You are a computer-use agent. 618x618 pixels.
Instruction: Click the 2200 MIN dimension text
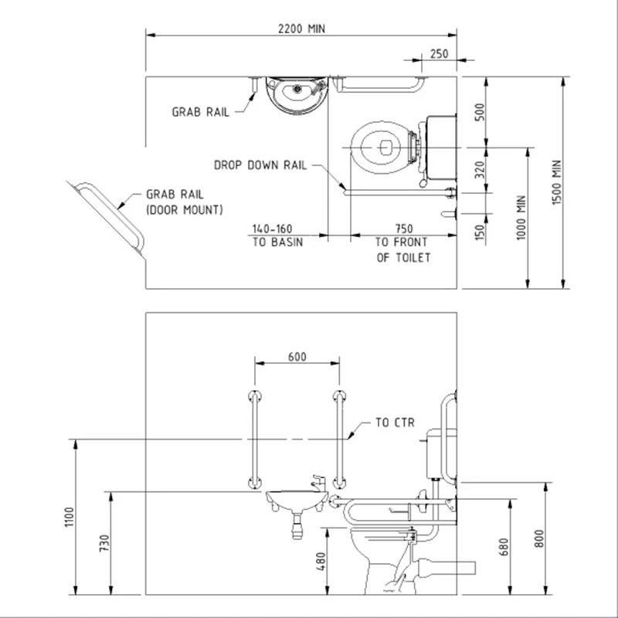(301, 29)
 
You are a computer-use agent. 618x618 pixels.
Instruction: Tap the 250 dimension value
(439, 53)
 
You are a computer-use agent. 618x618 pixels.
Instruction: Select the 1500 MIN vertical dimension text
(556, 182)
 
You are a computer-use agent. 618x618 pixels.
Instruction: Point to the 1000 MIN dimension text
(521, 218)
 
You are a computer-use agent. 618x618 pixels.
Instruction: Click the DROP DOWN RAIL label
(260, 165)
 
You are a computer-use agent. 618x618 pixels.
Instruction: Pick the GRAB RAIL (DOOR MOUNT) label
(185, 202)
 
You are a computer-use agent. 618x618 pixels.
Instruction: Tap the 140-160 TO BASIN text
(277, 236)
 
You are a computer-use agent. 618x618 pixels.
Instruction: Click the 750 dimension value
(404, 229)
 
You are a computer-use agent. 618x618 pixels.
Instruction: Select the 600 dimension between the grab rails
(297, 357)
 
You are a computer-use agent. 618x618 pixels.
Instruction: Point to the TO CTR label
(395, 423)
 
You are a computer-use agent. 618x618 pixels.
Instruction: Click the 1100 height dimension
(70, 517)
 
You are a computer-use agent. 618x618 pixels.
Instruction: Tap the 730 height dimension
(104, 543)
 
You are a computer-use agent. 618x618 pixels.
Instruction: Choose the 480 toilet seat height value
(321, 562)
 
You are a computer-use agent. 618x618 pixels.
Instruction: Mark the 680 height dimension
(504, 547)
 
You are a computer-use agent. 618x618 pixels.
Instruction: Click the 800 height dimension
(538, 538)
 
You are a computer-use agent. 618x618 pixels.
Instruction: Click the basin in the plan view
(297, 95)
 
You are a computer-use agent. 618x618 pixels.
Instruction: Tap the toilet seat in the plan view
(381, 148)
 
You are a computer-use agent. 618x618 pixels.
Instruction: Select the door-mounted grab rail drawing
(110, 217)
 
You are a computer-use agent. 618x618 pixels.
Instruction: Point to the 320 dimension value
(480, 170)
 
